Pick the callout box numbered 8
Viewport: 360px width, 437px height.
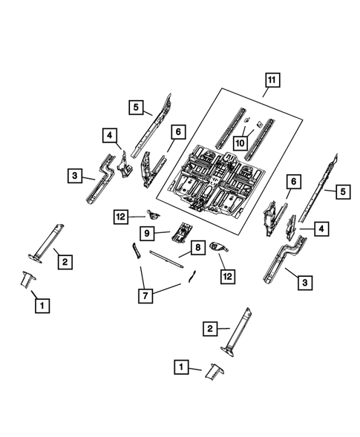tap(198, 249)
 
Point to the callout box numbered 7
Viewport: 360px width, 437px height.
tap(146, 296)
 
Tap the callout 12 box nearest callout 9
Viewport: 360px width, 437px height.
tap(120, 216)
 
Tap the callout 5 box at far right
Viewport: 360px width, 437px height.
tap(342, 191)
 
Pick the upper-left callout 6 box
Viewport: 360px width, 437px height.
tap(177, 131)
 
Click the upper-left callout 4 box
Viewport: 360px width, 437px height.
tap(109, 135)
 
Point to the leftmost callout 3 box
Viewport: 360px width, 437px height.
tap(75, 176)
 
